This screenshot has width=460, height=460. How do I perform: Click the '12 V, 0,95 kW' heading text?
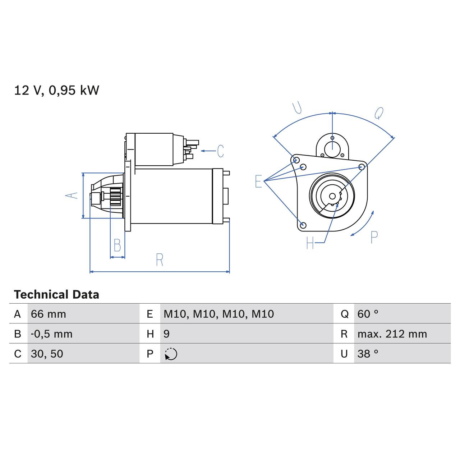coord(56,90)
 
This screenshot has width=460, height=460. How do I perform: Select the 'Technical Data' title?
coord(56,295)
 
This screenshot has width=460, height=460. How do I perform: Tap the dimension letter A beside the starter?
coord(72,195)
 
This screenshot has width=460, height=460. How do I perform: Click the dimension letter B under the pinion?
coord(117,245)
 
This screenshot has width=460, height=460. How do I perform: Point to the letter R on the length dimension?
coord(160,259)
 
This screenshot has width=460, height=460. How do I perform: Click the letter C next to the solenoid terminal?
coord(221,151)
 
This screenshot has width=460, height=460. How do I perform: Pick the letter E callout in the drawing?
coord(258,181)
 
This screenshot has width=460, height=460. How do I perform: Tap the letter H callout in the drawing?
coord(310,243)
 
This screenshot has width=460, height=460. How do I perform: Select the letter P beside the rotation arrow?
coord(374,238)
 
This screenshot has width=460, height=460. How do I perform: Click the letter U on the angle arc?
coord(297,108)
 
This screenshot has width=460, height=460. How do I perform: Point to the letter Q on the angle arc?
coord(379,113)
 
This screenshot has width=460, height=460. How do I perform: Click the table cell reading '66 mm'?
coord(49,314)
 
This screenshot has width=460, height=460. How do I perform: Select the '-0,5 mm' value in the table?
coord(52,334)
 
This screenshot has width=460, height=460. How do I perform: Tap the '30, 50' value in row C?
coord(47,354)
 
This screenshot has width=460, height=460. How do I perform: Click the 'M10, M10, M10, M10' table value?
coord(218,314)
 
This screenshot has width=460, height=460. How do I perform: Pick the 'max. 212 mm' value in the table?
coord(392,334)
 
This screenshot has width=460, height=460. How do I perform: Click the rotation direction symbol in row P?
coord(171,354)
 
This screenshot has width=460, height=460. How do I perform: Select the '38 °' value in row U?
coord(368,354)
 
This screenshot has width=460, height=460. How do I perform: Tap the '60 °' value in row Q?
coord(368,314)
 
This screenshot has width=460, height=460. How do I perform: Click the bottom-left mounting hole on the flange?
coord(303,225)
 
